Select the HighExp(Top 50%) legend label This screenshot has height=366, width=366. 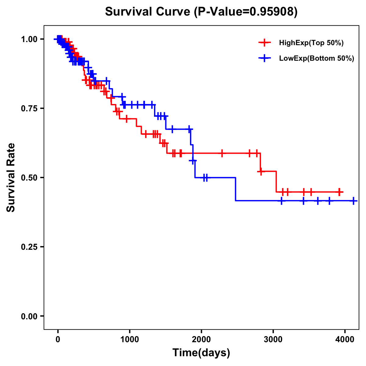pyautogui.click(x=311, y=43)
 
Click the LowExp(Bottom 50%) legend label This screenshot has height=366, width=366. pyautogui.click(x=317, y=59)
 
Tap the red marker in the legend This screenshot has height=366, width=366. pyautogui.click(x=264, y=43)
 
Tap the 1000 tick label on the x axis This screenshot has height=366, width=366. pyautogui.click(x=130, y=339)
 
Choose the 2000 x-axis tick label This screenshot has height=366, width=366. pyautogui.click(x=201, y=339)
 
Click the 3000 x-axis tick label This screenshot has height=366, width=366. pyautogui.click(x=273, y=339)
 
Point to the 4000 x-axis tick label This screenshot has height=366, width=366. pyautogui.click(x=345, y=339)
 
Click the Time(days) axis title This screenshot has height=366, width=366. pyautogui.click(x=201, y=353)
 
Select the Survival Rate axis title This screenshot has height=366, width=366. pyautogui.click(x=11, y=178)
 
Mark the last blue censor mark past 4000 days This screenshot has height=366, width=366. pyautogui.click(x=353, y=201)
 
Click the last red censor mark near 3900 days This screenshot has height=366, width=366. pyautogui.click(x=339, y=192)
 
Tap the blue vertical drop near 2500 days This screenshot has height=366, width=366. pyautogui.click(x=235, y=189)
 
